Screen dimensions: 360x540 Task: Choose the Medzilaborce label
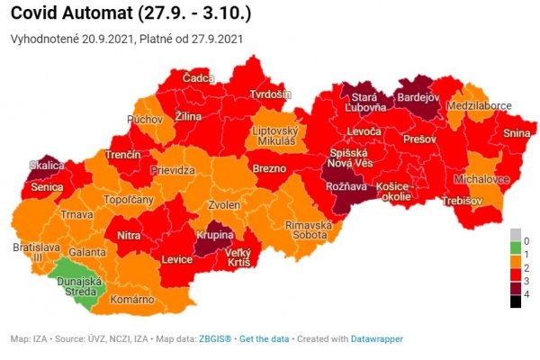pyautogui.click(x=478, y=105)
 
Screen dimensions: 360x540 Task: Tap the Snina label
pyautogui.click(x=516, y=133)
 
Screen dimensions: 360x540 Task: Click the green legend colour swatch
pyautogui.click(x=514, y=248)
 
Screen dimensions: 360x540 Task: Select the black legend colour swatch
pyautogui.click(x=514, y=301)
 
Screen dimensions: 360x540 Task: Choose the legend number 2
pyautogui.click(x=526, y=268)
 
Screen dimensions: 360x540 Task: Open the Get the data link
pyautogui.click(x=264, y=339)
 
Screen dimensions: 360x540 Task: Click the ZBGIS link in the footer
pyautogui.click(x=216, y=339)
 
